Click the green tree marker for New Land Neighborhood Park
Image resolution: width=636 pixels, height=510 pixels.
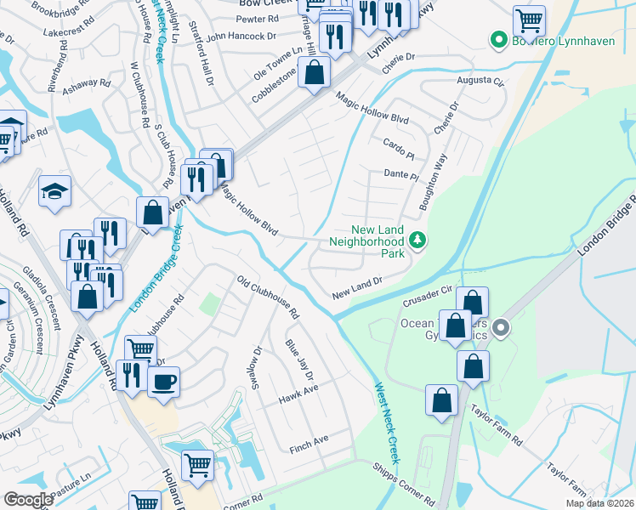[417, 241]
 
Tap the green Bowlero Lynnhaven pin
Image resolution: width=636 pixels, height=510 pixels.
[497, 40]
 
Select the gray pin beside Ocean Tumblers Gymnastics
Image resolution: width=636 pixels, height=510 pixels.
[501, 327]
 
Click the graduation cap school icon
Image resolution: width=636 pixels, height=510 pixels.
[54, 191]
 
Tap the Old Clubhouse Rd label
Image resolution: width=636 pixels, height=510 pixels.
[268, 297]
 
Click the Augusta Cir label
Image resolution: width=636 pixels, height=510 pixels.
[481, 81]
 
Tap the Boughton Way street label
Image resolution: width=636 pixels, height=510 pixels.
[432, 182]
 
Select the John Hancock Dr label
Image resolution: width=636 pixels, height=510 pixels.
[241, 37]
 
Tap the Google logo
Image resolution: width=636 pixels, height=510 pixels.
[28, 499]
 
